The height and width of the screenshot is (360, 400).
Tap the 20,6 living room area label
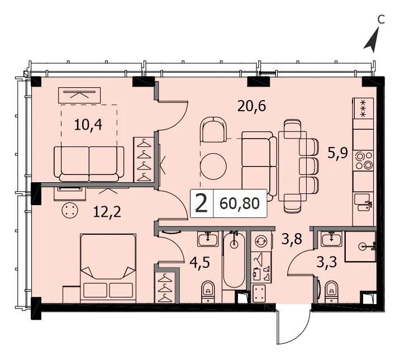pyautogui.click(x=251, y=106)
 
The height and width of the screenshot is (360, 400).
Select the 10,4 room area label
pyautogui.click(x=88, y=125)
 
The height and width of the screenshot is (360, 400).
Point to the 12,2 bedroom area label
pyautogui.click(x=107, y=212)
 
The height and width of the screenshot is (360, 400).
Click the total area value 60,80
pyautogui.click(x=240, y=203)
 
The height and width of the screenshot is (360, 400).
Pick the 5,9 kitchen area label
pyautogui.click(x=337, y=153)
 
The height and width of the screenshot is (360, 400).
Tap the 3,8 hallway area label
pyautogui.click(x=292, y=239)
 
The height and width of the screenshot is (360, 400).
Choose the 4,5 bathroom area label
pyautogui.click(x=200, y=263)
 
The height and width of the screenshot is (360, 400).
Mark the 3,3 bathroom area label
pyautogui.click(x=327, y=262)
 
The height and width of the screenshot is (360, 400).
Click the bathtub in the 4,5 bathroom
pyautogui.click(x=234, y=260)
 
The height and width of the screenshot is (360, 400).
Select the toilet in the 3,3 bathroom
pyautogui.click(x=332, y=292)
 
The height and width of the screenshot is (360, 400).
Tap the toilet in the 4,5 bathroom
pyautogui.click(x=208, y=292)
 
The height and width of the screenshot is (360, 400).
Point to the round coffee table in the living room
pyautogui.click(x=213, y=167)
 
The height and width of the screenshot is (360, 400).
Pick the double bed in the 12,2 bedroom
pyautogui.click(x=108, y=268)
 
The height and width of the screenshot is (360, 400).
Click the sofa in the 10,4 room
pyautogui.click(x=89, y=164)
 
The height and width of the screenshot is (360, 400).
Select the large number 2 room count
pyautogui.click(x=201, y=203)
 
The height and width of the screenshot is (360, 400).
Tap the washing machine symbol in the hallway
pyautogui.click(x=261, y=240)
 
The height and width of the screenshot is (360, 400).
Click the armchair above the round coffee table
pyautogui.click(x=213, y=130)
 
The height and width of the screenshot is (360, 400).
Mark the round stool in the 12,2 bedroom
pyautogui.click(x=70, y=210)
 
